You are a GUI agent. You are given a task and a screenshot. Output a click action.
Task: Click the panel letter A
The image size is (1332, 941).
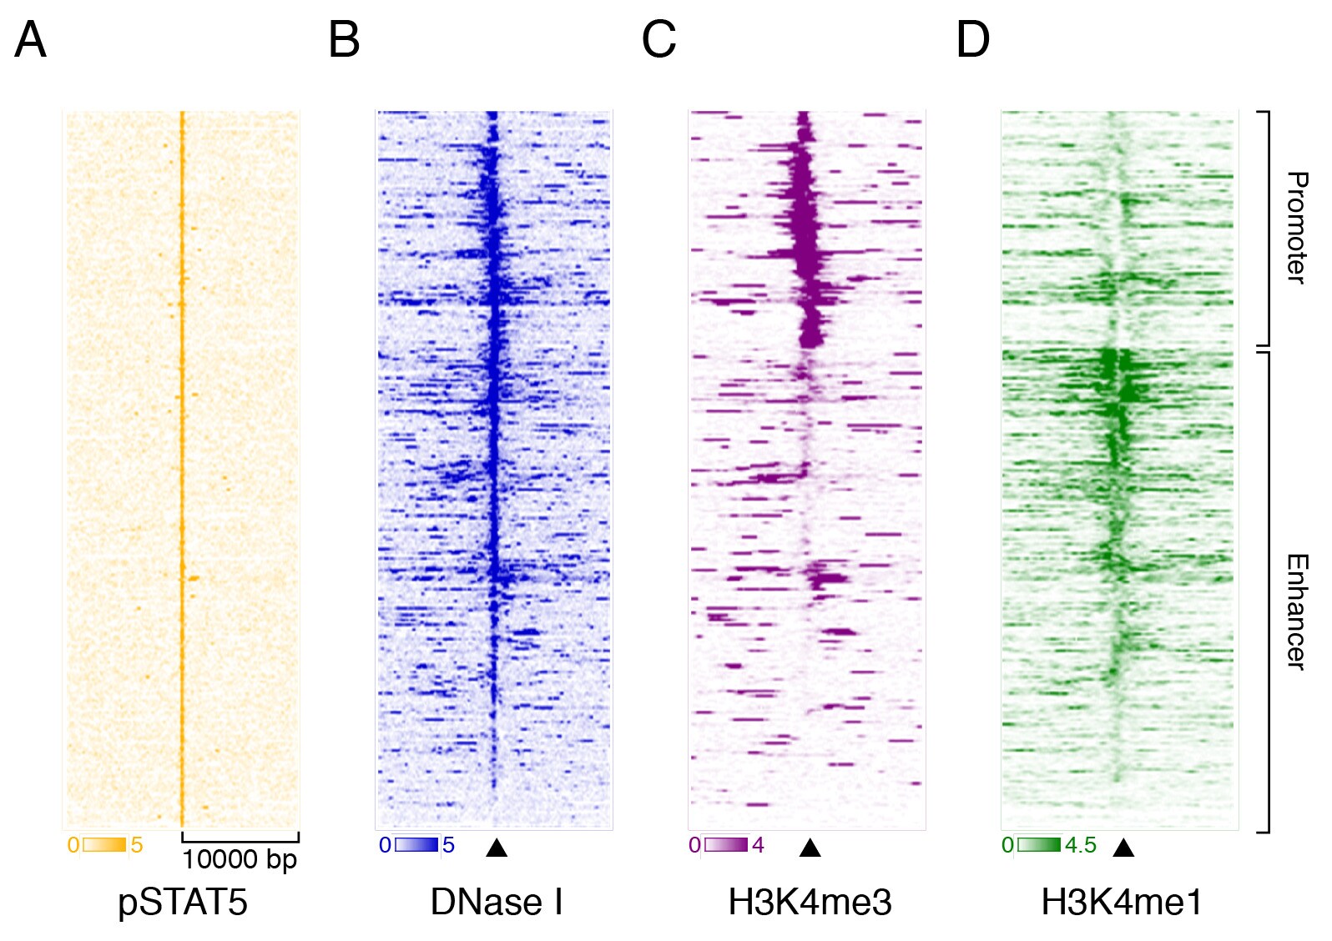pos(30,40)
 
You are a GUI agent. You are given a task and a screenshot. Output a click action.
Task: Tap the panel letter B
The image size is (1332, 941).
pos(344,40)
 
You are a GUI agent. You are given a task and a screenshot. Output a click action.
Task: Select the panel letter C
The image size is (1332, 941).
pos(658,40)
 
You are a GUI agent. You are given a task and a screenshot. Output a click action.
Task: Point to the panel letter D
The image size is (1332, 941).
pos(972,40)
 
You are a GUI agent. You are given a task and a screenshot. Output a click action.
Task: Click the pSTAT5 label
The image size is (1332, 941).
pos(183,902)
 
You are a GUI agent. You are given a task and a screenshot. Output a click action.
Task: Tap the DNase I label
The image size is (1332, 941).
pos(497,902)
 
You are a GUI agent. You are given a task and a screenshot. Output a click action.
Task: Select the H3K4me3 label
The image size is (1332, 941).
pos(810,902)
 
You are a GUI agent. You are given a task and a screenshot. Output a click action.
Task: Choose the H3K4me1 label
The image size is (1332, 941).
pos(1123,902)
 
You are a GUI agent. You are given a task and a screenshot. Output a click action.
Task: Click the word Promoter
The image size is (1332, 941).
pos(1296,227)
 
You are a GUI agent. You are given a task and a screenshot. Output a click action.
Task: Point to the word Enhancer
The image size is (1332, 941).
pos(1296,611)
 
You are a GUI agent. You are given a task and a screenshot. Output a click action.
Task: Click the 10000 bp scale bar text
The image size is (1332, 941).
pos(240,859)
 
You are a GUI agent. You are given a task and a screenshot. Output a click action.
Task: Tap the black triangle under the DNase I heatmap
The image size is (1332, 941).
pos(497,848)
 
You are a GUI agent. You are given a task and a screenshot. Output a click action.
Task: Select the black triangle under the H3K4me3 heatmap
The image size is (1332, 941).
pos(810,848)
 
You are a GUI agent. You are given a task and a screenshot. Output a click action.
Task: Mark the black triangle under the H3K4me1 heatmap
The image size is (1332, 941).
pos(1123,848)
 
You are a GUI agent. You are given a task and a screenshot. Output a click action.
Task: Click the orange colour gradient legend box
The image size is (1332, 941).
pos(104,845)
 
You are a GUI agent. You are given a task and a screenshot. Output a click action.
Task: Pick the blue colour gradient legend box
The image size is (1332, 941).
pos(416,845)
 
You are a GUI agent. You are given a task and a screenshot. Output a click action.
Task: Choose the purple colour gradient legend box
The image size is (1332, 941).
pos(726,845)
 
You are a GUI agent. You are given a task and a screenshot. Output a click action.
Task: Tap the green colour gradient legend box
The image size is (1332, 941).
pos(1039,845)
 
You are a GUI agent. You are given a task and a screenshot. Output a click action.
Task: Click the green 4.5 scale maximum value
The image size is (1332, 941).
pos(1080,845)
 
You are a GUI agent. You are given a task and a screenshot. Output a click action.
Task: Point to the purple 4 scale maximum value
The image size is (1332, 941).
pos(758,845)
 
